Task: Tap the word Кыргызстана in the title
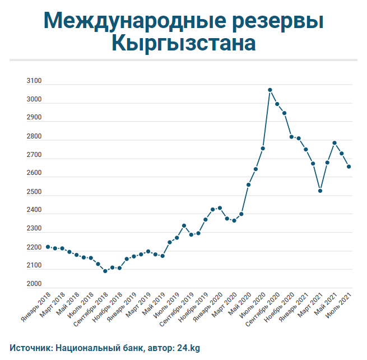(184, 44)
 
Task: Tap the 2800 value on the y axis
(34, 137)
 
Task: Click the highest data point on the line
(270, 90)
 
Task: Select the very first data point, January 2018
(48, 247)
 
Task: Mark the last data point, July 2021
(349, 167)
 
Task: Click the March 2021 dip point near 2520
(320, 191)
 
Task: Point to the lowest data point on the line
(105, 271)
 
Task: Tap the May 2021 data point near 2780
(335, 142)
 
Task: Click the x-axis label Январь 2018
(36, 308)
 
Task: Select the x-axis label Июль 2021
(340, 306)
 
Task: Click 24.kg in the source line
(188, 348)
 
